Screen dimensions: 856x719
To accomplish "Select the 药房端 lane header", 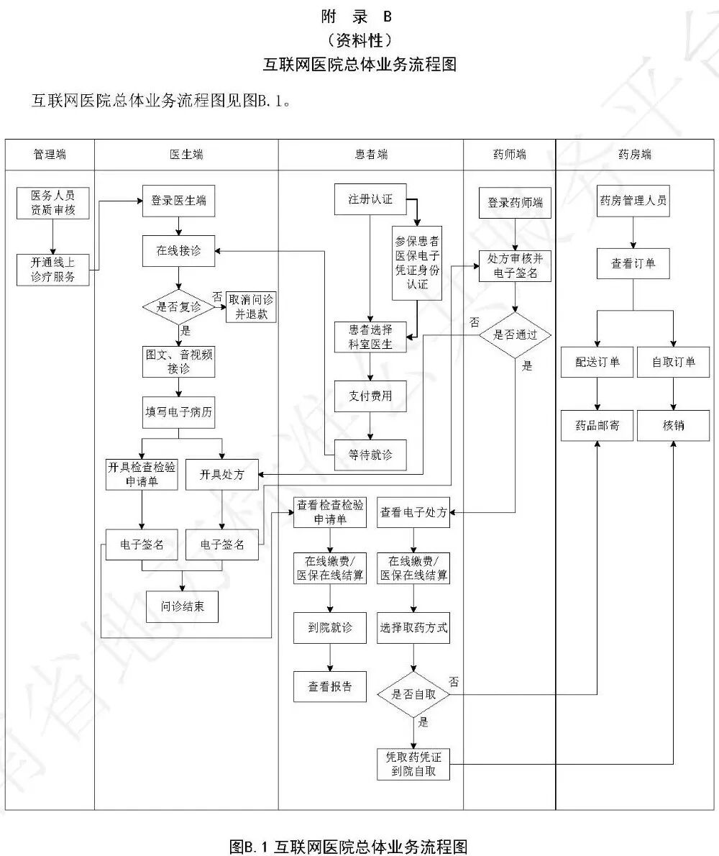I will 636,155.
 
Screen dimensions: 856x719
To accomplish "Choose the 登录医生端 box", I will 178,201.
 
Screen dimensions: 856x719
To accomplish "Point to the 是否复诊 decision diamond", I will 178,307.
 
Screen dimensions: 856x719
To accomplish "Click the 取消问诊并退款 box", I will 251,307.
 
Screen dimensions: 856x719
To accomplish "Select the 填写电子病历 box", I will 178,413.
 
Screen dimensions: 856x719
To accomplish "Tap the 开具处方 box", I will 221,474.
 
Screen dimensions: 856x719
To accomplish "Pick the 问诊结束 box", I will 182,606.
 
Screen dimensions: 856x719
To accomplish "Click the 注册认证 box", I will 370,199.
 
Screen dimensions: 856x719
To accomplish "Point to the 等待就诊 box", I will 370,455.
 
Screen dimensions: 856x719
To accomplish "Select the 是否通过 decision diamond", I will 514,335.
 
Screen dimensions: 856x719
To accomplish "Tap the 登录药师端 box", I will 515,203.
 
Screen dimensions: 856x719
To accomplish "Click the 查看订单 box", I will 633,263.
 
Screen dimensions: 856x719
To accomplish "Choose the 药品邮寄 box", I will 597,425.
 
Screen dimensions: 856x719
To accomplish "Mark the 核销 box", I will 673,425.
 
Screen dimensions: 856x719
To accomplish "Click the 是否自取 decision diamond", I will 413,694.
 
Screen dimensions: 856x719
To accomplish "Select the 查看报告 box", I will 330,686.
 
